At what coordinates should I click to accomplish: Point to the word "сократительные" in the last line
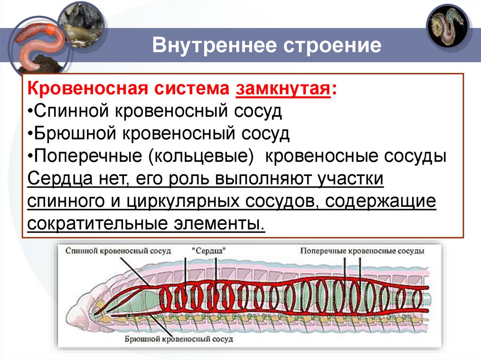click(x=93, y=224)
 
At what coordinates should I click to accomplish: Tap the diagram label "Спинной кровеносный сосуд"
click(x=118, y=251)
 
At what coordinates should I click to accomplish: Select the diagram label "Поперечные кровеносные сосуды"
click(x=362, y=251)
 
